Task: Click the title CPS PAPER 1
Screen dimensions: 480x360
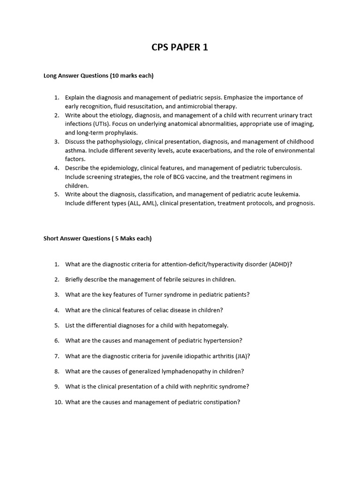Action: tap(180, 47)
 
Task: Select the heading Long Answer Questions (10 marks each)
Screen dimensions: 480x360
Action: tap(98, 75)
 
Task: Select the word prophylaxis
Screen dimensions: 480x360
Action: tap(120, 133)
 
